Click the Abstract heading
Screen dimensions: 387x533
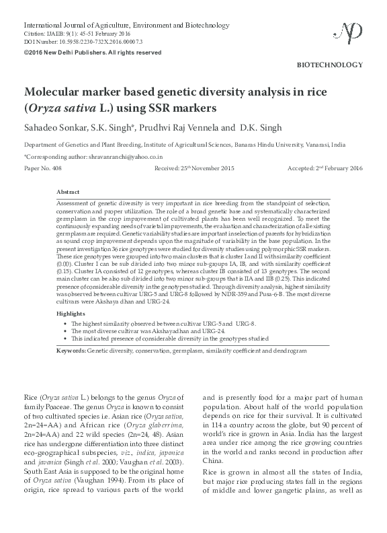pyautogui.click(x=69, y=192)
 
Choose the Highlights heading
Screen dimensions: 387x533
pyautogui.click(x=71, y=314)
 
